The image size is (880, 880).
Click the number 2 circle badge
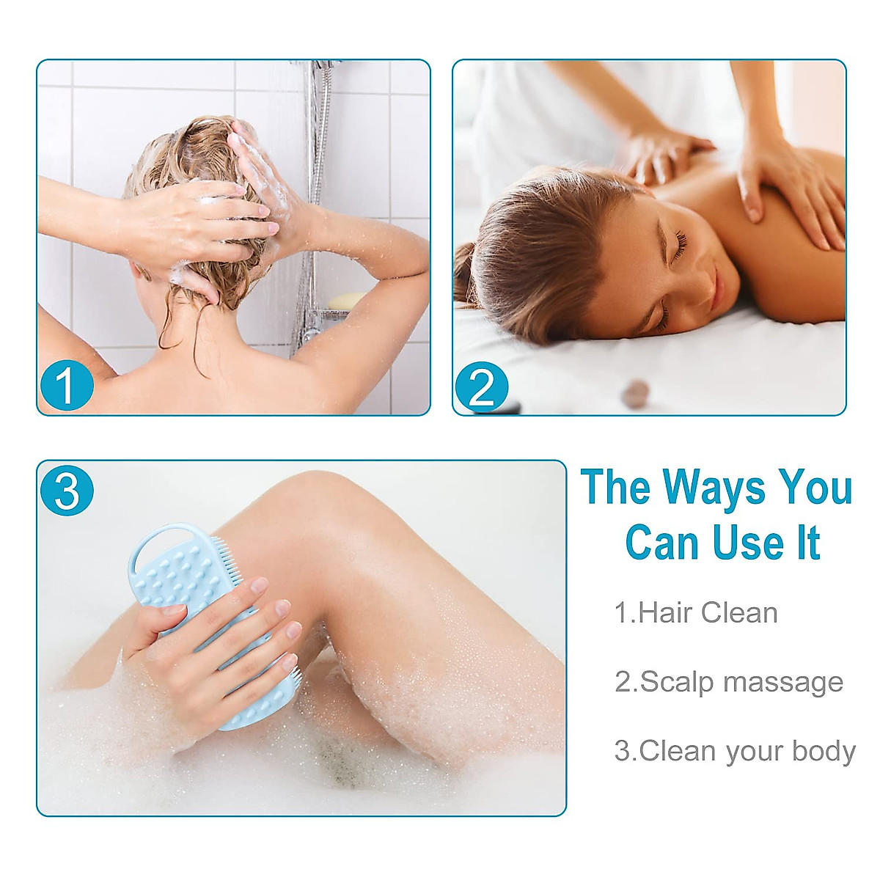(x=482, y=386)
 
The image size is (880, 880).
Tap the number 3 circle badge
(x=67, y=490)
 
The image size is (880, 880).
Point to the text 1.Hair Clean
(x=695, y=613)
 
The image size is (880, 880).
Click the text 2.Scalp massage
(x=728, y=682)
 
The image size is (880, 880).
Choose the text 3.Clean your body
(x=735, y=752)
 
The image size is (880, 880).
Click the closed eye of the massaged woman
(x=678, y=246)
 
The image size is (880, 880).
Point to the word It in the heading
(x=808, y=543)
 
